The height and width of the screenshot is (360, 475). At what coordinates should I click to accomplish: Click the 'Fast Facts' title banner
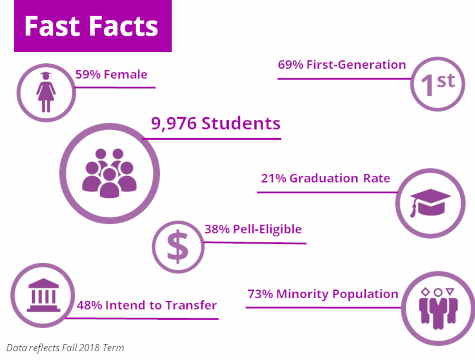(92, 27)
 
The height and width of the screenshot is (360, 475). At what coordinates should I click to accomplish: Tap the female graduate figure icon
(46, 92)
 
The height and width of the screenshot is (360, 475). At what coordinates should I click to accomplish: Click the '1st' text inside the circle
(437, 84)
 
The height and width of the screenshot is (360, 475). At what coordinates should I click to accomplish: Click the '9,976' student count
(173, 124)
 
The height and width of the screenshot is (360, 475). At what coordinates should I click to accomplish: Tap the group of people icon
(109, 173)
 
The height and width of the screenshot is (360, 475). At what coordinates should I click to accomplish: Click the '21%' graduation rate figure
(273, 178)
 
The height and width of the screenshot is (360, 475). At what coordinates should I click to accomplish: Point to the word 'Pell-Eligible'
(267, 229)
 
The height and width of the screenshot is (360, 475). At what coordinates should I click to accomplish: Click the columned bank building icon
(43, 295)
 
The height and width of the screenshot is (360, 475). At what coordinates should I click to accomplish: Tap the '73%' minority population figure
(260, 294)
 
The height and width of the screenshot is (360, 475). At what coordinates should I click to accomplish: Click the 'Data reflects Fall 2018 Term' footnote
(65, 348)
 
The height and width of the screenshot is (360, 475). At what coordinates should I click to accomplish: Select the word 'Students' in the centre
(241, 124)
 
